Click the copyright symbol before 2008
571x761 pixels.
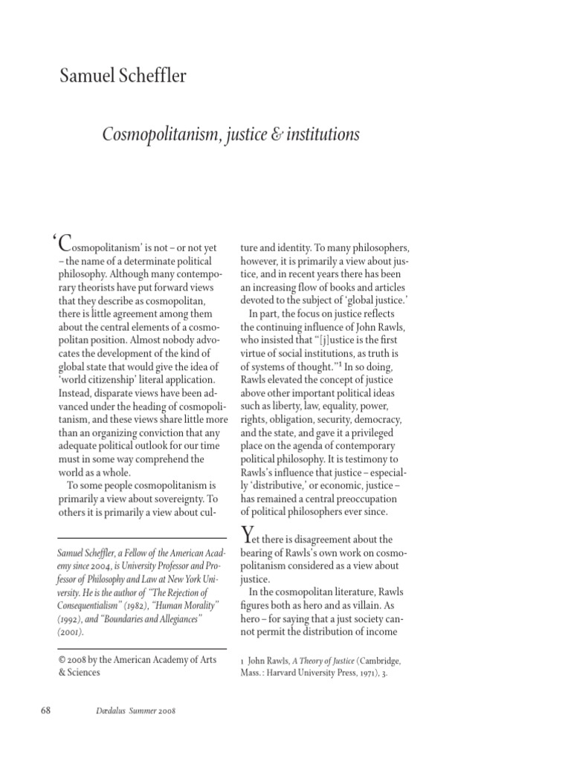(x=62, y=658)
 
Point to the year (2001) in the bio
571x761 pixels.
(x=71, y=632)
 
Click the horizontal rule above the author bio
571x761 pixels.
(x=141, y=538)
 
